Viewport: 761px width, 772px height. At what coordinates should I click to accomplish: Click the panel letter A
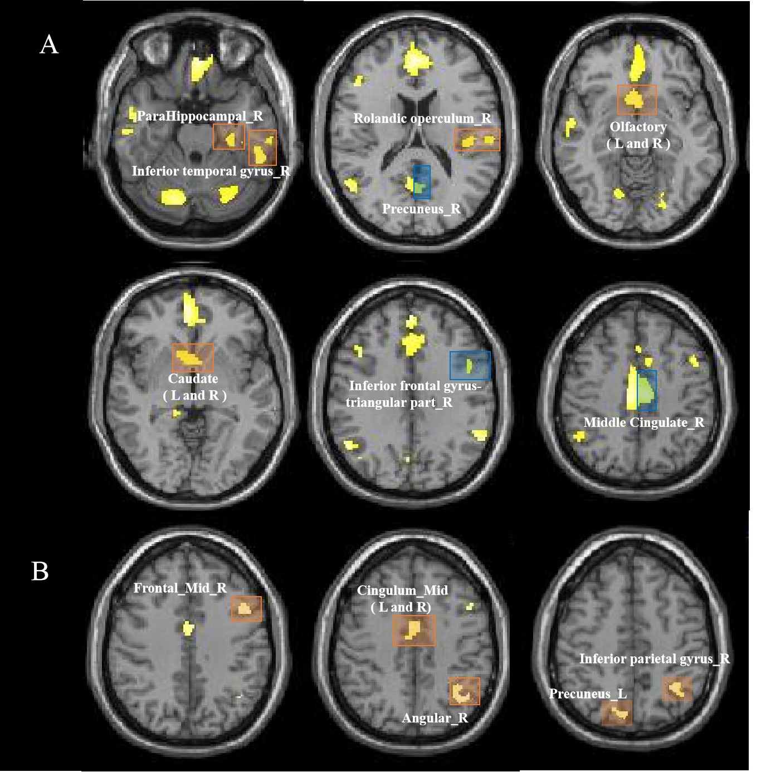point(49,44)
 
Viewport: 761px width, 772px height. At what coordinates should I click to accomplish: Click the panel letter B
point(40,571)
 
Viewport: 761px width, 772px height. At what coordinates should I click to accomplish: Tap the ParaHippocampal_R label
point(199,116)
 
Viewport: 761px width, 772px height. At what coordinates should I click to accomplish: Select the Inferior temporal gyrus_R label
point(211,171)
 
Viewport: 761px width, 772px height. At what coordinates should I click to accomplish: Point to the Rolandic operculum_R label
point(422,119)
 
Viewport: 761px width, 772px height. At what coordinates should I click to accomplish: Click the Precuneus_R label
point(421,209)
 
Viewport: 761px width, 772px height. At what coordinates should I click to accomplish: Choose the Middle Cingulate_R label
point(643,422)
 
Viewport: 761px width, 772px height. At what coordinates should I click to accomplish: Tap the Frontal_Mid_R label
point(180,588)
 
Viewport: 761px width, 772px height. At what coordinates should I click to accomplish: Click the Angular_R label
point(435,718)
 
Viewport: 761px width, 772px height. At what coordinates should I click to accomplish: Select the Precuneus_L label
point(588,694)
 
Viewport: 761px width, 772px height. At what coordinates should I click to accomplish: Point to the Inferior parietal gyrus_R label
point(654,659)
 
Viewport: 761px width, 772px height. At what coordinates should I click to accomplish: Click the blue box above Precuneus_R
point(422,182)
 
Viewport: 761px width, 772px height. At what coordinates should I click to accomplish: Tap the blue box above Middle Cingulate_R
point(647,390)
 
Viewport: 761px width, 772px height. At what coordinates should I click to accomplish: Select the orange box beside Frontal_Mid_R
point(246,609)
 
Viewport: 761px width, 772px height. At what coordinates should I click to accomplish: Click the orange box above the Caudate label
point(193,358)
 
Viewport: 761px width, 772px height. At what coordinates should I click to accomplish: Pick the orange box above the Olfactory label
point(637,100)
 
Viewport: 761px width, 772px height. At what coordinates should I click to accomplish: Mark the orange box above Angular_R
point(465,691)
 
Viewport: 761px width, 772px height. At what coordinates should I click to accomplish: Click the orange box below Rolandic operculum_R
point(477,140)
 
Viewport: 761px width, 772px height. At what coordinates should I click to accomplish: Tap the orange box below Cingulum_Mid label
point(414,631)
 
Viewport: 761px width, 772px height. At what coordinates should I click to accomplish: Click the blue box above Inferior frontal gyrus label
point(470,365)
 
